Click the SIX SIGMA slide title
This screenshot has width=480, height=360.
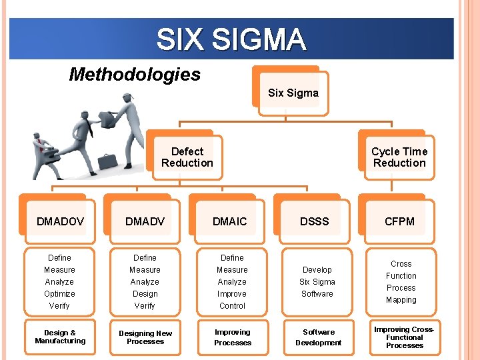[231, 39]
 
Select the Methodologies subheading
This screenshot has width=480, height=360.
[135, 74]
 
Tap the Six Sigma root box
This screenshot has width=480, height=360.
[293, 93]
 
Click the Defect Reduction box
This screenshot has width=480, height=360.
[187, 157]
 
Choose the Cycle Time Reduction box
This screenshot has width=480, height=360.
[399, 157]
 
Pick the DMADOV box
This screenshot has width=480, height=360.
[60, 221]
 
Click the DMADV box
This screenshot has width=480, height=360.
[145, 221]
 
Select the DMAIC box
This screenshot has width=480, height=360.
[229, 221]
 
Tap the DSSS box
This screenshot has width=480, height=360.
[314, 221]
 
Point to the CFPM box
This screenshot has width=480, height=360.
[399, 221]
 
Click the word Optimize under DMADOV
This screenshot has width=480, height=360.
[59, 294]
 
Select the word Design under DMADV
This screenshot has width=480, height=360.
[145, 294]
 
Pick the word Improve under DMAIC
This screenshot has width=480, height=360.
[232, 294]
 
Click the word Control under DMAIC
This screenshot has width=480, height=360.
[232, 306]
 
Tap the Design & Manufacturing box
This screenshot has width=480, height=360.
[60, 337]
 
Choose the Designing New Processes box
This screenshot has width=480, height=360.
[145, 337]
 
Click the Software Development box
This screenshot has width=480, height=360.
[318, 337]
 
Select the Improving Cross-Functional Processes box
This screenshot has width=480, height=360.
[404, 337]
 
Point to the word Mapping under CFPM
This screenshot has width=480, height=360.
[401, 300]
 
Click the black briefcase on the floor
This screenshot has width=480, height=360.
[107, 161]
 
